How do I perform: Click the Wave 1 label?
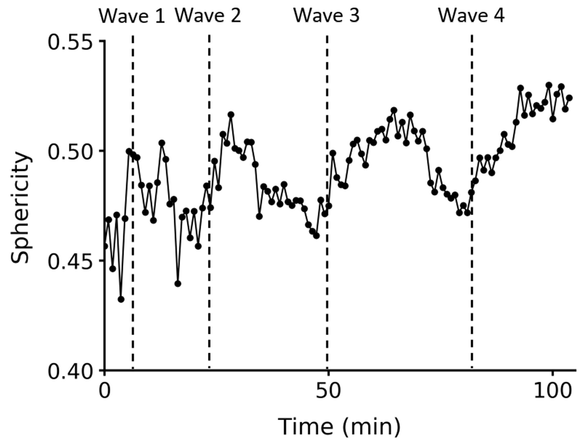click(x=132, y=16)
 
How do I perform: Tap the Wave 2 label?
click(x=208, y=15)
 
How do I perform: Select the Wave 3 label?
click(x=327, y=15)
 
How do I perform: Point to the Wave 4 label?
click(x=471, y=15)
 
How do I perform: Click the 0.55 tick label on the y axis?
click(x=70, y=42)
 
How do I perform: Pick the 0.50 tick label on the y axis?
click(x=70, y=152)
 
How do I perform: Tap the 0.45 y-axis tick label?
click(x=70, y=261)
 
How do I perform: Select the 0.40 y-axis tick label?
click(x=70, y=372)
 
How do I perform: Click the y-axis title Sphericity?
click(x=21, y=208)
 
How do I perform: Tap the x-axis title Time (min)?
click(x=339, y=427)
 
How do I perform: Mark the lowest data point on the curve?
click(x=121, y=299)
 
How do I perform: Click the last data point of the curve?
click(x=569, y=98)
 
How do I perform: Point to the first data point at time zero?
click(x=105, y=246)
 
